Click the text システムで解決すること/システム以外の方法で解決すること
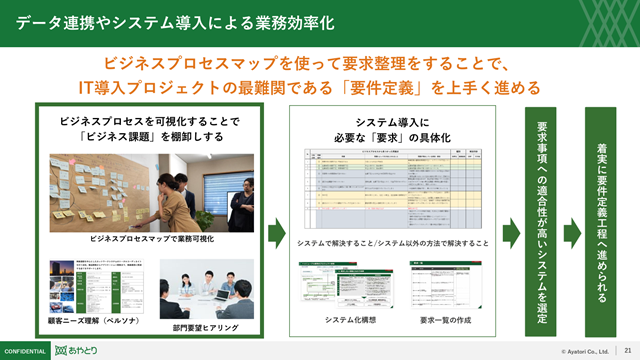(394, 243)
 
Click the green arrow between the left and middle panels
(277, 234)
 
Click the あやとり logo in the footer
(77, 351)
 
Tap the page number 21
(626, 351)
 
